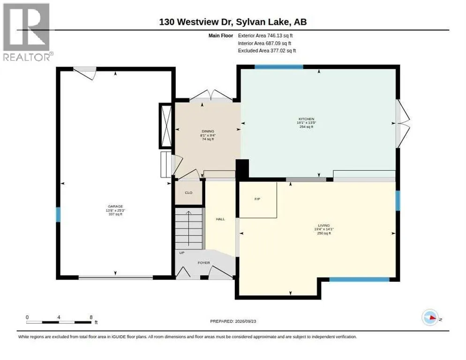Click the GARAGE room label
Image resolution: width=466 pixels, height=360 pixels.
coord(115,206)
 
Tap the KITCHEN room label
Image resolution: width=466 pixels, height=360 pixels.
coord(307,119)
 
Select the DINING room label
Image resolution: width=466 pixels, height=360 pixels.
coord(208,131)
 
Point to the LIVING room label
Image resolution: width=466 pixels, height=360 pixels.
coord(323,225)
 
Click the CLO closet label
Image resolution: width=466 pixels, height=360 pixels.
coord(189,193)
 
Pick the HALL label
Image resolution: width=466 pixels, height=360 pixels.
coord(220,219)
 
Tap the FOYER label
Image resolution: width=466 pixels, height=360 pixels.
coord(204,263)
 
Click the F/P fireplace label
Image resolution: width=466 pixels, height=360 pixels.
coord(257,199)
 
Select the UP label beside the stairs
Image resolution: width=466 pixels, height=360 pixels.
coord(182,253)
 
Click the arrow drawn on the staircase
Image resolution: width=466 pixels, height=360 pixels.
coord(188,228)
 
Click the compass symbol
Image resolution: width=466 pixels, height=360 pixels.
coord(430,317)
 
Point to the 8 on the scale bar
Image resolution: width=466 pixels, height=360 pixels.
coord(91,317)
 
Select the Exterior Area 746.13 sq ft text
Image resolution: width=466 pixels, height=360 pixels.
coord(265,36)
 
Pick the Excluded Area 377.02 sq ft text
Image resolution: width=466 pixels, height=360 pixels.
coord(267,51)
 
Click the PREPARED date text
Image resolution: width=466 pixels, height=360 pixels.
coord(233,322)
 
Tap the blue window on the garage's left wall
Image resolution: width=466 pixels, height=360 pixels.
coord(58,215)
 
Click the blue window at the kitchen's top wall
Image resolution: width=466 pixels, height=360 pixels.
coord(279,67)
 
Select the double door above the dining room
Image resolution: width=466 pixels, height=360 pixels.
coord(211,96)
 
